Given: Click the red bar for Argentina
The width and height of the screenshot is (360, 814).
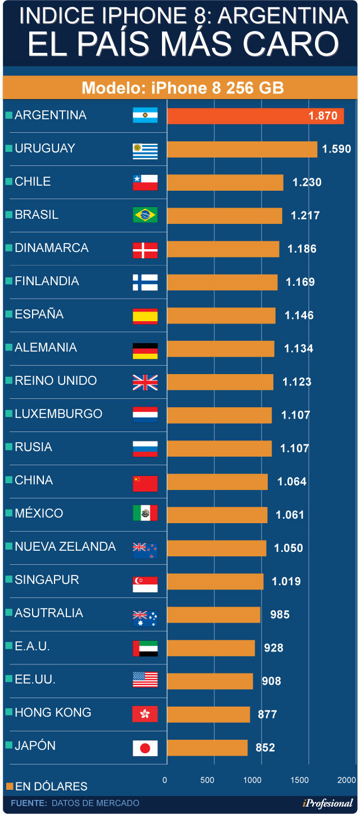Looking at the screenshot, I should click(255, 116).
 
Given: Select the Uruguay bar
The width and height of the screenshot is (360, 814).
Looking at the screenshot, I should click(242, 150).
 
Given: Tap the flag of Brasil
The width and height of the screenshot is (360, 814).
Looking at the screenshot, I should click(145, 215).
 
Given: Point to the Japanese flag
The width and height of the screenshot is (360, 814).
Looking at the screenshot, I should click(145, 748).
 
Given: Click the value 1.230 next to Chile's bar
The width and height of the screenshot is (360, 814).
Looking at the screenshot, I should click(307, 182).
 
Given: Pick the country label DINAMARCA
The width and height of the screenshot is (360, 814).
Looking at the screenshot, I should click(52, 248).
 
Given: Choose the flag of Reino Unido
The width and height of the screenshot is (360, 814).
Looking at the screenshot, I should click(145, 382).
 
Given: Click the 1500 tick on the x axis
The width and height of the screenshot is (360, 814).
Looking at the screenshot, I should click(300, 780).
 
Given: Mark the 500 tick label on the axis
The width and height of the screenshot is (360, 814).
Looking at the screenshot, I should click(207, 780).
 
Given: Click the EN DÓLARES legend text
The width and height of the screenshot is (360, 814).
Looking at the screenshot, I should click(51, 786).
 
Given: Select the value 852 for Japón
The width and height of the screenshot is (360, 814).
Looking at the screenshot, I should click(265, 748).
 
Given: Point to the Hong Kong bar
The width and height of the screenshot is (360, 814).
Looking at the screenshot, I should click(208, 714).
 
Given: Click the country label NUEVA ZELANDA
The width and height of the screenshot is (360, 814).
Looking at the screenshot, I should click(65, 547).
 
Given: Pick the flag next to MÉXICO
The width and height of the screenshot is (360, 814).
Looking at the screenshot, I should click(145, 514).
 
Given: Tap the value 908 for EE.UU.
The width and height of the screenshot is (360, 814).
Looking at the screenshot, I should click(271, 681).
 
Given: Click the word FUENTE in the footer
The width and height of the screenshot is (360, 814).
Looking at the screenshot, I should click(28, 803).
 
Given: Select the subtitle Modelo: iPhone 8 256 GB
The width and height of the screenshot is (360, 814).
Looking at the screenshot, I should click(182, 88).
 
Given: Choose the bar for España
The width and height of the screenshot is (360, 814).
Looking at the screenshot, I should click(221, 316).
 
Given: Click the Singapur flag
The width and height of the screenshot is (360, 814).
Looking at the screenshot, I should click(145, 583).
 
